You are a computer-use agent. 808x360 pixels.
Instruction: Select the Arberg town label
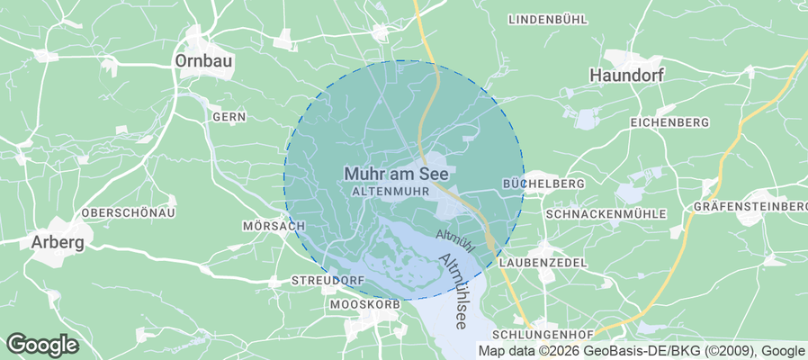58,242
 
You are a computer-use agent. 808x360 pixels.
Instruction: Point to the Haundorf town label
626,76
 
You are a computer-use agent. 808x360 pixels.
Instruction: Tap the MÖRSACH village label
274,226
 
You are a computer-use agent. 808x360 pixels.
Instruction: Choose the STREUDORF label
328,281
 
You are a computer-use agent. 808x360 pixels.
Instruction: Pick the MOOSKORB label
364,306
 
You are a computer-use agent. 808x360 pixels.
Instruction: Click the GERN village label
229,117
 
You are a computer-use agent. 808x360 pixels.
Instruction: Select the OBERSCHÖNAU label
128,212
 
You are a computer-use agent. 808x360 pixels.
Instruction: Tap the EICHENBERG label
669,122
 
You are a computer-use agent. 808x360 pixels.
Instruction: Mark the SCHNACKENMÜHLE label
606,214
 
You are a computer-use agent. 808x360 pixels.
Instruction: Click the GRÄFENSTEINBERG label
750,207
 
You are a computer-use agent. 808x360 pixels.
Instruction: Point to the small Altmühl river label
453,237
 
